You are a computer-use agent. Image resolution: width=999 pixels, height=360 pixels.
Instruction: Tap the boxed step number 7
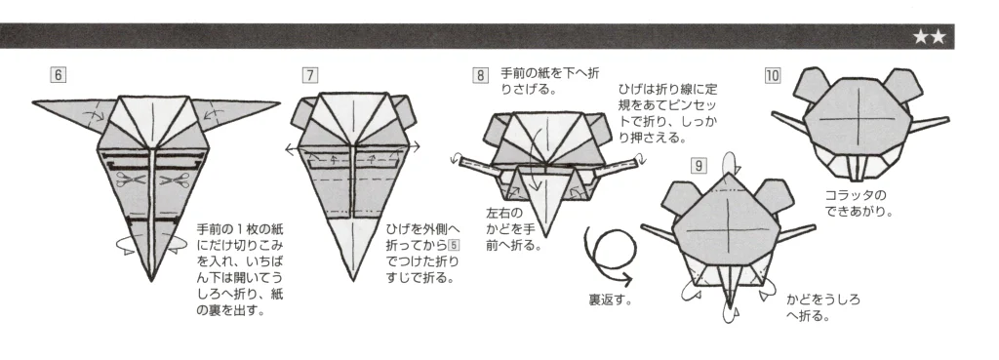pyautogui.click(x=309, y=74)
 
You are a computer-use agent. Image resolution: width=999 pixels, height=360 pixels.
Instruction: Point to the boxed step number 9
pyautogui.click(x=698, y=164)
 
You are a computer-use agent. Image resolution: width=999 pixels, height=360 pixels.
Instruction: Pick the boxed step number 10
pyautogui.click(x=774, y=74)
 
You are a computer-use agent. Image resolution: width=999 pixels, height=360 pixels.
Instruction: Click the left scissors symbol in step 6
pyautogui.click(x=126, y=180)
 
